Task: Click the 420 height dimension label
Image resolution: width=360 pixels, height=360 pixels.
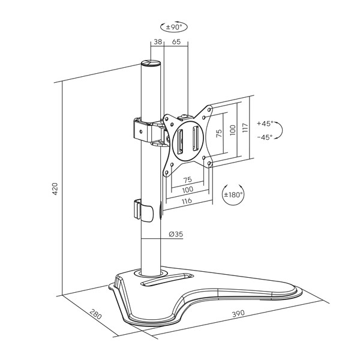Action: pos(55,189)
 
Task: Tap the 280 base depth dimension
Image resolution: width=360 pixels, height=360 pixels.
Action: pos(95,314)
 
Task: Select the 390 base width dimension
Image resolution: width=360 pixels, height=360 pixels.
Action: pos(239,313)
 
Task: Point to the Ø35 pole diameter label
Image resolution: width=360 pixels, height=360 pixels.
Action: pos(176,234)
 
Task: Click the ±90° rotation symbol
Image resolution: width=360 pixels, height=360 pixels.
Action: pos(174,27)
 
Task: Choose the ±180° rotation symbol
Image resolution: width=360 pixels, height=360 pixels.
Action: pos(233,194)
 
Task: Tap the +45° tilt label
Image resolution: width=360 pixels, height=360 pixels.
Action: pos(265,124)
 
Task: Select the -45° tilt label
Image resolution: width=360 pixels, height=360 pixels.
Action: pos(265,137)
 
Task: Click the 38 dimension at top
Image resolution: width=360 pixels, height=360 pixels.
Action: pos(158,42)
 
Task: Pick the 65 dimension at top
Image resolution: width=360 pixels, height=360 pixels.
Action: pos(176,42)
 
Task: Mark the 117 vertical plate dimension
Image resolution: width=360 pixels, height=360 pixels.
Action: pos(245,127)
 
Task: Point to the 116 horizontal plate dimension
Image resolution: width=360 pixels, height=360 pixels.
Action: pos(187,201)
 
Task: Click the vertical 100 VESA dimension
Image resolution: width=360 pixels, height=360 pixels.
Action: pos(233,130)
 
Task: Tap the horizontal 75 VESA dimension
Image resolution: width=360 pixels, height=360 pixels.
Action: pos(188,179)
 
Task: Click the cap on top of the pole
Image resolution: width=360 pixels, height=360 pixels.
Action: pos(151,63)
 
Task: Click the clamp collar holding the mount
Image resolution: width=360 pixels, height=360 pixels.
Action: pos(142,130)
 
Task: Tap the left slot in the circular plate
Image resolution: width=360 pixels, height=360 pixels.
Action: pos(179,141)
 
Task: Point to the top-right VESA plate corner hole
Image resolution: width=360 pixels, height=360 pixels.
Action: pos(209,110)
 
